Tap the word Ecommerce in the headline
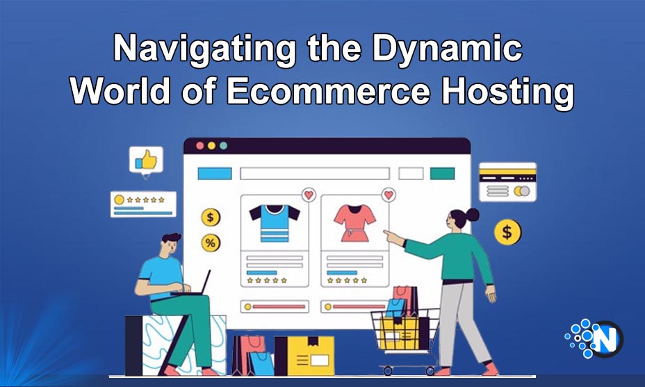(x=328, y=90)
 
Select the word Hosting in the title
(x=507, y=94)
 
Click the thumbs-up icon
(x=146, y=160)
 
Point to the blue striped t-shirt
(x=275, y=223)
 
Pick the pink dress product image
(x=354, y=223)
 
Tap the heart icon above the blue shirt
(x=309, y=195)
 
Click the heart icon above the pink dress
(x=389, y=195)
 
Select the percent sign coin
(x=211, y=243)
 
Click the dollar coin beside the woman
(x=507, y=232)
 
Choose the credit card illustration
(x=507, y=182)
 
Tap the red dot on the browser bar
(x=200, y=146)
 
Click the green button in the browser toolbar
(x=442, y=174)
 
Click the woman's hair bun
(x=472, y=214)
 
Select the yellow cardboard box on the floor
(x=305, y=356)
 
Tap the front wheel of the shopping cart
(x=387, y=371)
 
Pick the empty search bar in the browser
(x=315, y=174)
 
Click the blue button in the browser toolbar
(x=215, y=174)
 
